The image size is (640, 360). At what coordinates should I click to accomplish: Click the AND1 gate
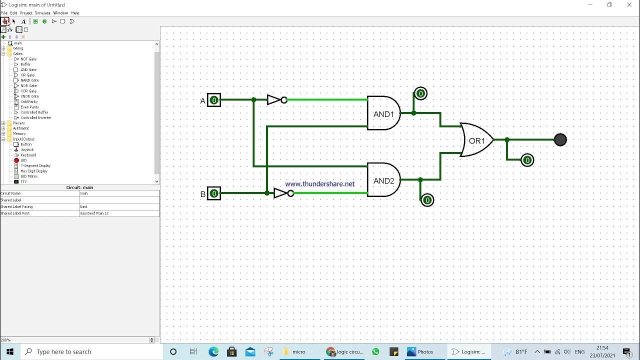pos(383,113)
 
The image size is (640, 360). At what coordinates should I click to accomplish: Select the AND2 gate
pos(383,180)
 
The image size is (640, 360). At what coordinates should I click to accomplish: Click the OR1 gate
pos(476,140)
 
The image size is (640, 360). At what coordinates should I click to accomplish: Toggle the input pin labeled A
pos(214,100)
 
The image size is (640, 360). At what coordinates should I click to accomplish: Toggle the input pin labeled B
pos(214,193)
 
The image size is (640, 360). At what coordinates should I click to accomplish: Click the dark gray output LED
pos(560,140)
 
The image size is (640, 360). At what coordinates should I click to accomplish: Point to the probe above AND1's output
pos(420,93)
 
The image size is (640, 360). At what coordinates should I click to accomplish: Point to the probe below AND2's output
pos(427,200)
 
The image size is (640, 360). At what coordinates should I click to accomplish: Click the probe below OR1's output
pos(527,160)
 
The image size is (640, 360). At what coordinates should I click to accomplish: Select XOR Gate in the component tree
pos(28,91)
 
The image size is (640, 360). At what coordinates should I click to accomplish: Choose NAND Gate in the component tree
pos(29,80)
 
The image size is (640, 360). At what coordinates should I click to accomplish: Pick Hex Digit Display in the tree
pos(34,171)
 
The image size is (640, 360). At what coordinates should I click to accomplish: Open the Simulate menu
pos(42,13)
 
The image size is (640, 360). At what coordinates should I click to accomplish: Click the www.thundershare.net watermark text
pos(319,184)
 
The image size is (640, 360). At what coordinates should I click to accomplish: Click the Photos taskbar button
pos(420,351)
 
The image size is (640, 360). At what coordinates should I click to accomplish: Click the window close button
pos(629,5)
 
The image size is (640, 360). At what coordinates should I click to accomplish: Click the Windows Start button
pos(9,351)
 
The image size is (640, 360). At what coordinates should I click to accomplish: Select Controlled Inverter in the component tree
pos(36,118)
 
